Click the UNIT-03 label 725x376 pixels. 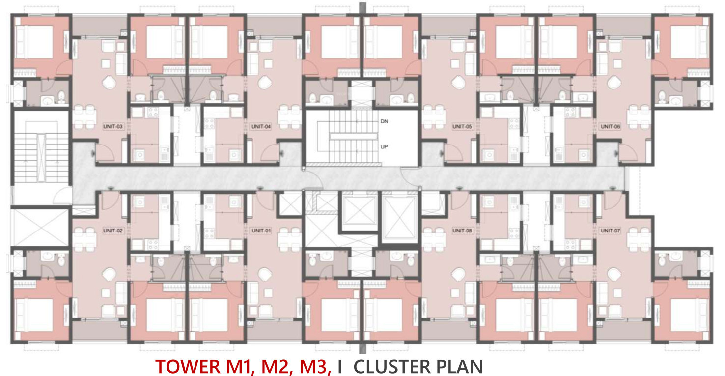(x=113, y=126)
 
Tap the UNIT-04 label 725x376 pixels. (x=261, y=126)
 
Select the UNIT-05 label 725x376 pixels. (x=462, y=126)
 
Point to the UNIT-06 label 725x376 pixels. (x=611, y=126)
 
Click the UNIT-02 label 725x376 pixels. (x=113, y=231)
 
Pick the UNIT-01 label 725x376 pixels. (x=261, y=231)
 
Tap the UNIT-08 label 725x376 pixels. (x=462, y=231)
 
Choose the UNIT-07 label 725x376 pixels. (x=611, y=231)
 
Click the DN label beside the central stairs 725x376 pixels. (x=384, y=121)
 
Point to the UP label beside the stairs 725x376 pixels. (x=384, y=146)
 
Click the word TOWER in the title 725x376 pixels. (x=188, y=367)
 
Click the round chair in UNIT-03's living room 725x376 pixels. (x=109, y=82)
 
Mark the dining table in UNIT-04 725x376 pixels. (x=290, y=116)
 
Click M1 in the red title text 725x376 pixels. (x=239, y=367)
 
